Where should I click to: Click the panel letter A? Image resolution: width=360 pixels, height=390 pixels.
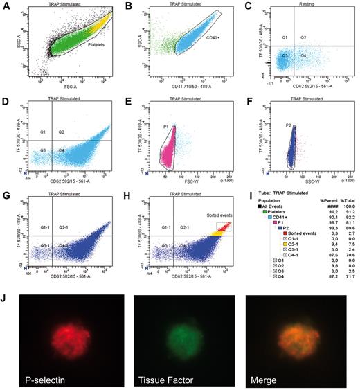click(x=6, y=6)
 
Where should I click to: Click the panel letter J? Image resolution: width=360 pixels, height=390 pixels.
click(x=6, y=283)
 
